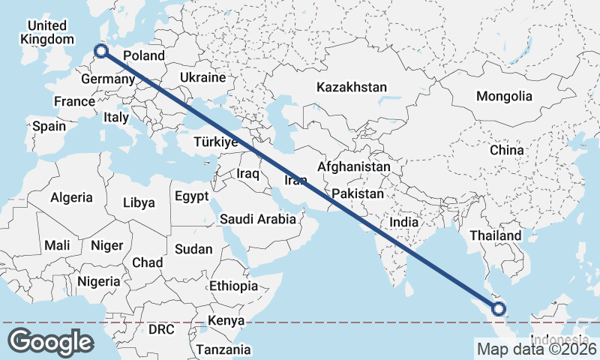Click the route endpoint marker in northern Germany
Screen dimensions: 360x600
pyautogui.click(x=101, y=52)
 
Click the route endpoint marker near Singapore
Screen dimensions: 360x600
pyautogui.click(x=499, y=308)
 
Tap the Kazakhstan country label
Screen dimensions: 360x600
pyautogui.click(x=352, y=87)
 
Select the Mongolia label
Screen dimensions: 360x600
pyautogui.click(x=504, y=96)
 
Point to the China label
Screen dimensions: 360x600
pyautogui.click(x=507, y=150)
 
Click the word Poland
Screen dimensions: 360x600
pyautogui.click(x=143, y=55)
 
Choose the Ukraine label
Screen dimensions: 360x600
pyautogui.click(x=202, y=77)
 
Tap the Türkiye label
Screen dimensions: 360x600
pyautogui.click(x=215, y=142)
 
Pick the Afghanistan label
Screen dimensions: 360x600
pyautogui.click(x=354, y=166)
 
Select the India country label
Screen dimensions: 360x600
pyautogui.click(x=403, y=223)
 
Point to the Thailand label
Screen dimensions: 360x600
pyautogui.click(x=495, y=235)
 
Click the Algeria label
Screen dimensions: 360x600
pyautogui.click(x=71, y=198)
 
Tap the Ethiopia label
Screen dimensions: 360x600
pyautogui.click(x=233, y=286)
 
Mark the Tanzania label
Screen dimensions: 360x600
pyautogui.click(x=223, y=349)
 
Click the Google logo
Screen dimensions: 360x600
pyautogui.click(x=50, y=341)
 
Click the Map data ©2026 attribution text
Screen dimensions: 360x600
pyautogui.click(x=535, y=349)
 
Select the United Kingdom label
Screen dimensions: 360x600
pyautogui.click(x=47, y=32)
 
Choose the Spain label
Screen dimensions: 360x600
pyautogui.click(x=49, y=126)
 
